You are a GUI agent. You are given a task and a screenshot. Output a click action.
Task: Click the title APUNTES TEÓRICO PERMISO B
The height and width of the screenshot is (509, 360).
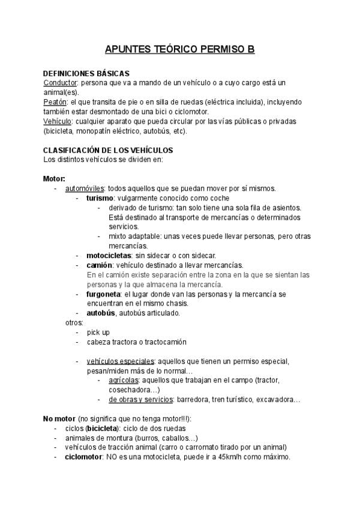[179, 49]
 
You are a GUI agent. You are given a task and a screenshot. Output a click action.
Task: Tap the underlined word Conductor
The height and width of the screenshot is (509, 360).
[61, 82]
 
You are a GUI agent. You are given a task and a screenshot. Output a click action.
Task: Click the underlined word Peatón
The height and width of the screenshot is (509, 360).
[55, 102]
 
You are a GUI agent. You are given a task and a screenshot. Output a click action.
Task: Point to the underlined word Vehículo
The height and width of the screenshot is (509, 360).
[57, 121]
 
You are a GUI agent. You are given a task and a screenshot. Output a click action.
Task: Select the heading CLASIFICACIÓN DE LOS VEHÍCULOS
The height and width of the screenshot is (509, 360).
[108, 150]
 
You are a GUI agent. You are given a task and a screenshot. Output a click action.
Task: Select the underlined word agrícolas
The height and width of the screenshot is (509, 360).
[124, 381]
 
